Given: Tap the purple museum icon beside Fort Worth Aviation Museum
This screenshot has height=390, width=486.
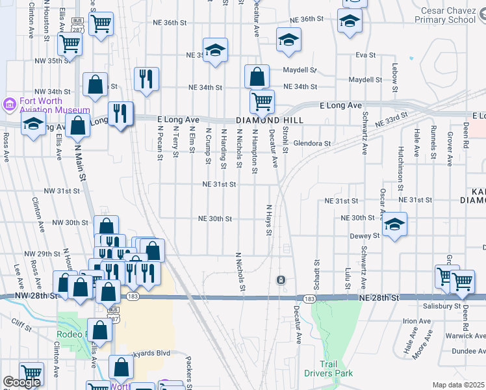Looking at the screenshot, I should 9,104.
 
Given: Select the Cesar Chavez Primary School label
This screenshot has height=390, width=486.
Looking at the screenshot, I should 448,16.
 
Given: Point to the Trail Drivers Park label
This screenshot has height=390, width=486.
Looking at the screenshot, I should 328,369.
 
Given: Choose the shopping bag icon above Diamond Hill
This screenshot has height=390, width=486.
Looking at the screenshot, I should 257,76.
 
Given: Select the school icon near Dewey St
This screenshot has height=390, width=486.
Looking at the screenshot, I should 393,225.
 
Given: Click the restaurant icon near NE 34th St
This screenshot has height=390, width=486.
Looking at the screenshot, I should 146,79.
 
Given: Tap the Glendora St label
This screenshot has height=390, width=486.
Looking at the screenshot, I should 312,143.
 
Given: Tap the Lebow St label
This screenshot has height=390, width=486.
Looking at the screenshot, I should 394,69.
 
